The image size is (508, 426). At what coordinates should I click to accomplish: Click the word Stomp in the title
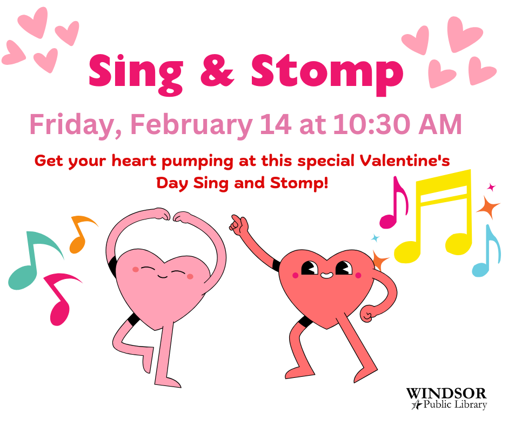click(x=327, y=74)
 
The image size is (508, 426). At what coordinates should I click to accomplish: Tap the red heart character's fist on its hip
click(x=368, y=313)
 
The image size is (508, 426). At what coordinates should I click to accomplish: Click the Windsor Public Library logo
click(x=447, y=398)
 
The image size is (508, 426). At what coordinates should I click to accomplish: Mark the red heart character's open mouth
click(x=326, y=276)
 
